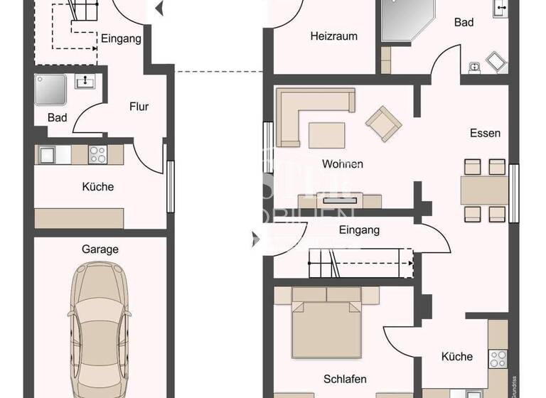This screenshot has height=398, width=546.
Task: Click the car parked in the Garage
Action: [100, 330]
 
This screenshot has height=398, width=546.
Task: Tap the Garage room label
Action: [100, 249]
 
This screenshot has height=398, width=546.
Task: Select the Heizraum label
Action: [333, 36]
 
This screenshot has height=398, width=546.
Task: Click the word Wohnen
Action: [342, 164]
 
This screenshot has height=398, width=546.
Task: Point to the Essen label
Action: [485, 133]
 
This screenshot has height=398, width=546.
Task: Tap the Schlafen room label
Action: [344, 379]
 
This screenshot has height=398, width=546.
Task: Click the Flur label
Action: [139, 107]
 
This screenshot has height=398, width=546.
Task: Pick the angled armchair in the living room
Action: [383, 123]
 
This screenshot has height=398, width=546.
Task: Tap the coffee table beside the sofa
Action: [326, 134]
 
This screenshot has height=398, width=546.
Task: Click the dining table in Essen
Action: [484, 190]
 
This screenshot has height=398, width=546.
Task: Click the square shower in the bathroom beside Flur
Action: [50, 90]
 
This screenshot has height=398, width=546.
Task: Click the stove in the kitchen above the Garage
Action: [97, 154]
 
